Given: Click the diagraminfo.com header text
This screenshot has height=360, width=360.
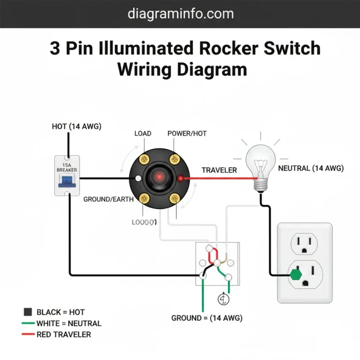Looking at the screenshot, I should point(180,14).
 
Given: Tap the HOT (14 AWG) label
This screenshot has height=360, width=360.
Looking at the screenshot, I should point(76,126).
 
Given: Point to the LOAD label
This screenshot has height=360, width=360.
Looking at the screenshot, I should point(142,134).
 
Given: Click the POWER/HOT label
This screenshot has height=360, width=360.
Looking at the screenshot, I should point(187,134).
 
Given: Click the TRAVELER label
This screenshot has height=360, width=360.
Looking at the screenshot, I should point(219,170).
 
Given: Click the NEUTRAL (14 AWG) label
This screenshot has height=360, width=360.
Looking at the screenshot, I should point(311,168).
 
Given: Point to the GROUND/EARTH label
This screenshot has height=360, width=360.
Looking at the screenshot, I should point(108,199).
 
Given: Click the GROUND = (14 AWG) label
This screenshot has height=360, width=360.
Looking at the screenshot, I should point(207,318).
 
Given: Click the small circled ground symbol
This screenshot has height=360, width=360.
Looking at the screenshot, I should point(224,299).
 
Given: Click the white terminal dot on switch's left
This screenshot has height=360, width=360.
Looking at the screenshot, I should point(137,179).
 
